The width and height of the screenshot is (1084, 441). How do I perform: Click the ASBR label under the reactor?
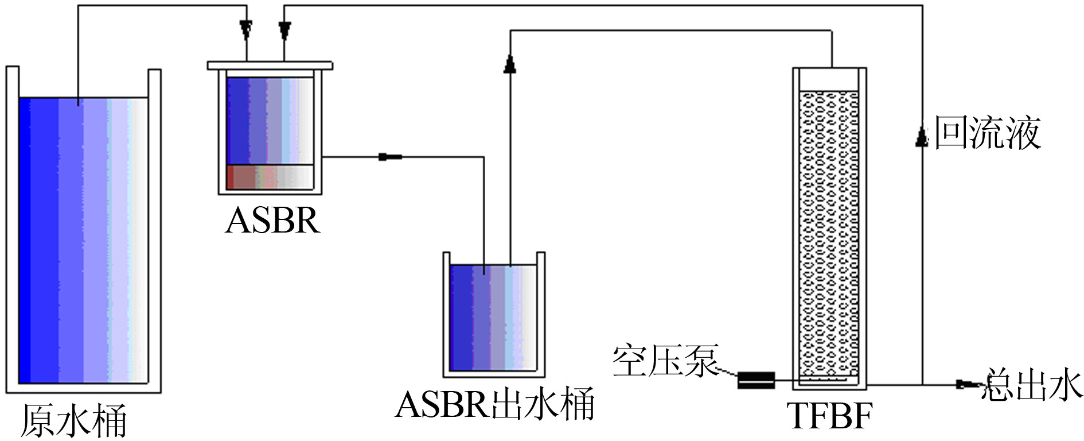click(x=272, y=220)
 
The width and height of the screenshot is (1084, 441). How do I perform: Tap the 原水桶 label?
click(x=73, y=421)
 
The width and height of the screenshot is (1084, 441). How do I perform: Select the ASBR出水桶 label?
click(x=494, y=404)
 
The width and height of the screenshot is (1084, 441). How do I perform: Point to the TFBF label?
click(x=829, y=416)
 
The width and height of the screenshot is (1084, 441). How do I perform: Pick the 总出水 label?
click(x=1031, y=385)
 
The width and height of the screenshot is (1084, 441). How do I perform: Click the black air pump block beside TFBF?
click(x=756, y=380)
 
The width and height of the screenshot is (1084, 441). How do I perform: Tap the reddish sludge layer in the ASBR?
click(x=270, y=177)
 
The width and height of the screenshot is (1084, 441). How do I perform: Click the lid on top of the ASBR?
click(x=270, y=65)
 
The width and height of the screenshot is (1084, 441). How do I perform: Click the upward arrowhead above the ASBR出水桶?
click(x=509, y=63)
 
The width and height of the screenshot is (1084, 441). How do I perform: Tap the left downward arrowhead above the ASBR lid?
click(x=246, y=29)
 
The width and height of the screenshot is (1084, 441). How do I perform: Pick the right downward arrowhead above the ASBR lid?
click(x=284, y=29)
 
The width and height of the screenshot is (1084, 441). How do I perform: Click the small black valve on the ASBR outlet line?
click(x=390, y=157)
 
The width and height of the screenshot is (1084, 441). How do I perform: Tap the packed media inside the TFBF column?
click(x=829, y=230)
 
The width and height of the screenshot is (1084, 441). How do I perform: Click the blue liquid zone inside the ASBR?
click(x=270, y=121)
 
